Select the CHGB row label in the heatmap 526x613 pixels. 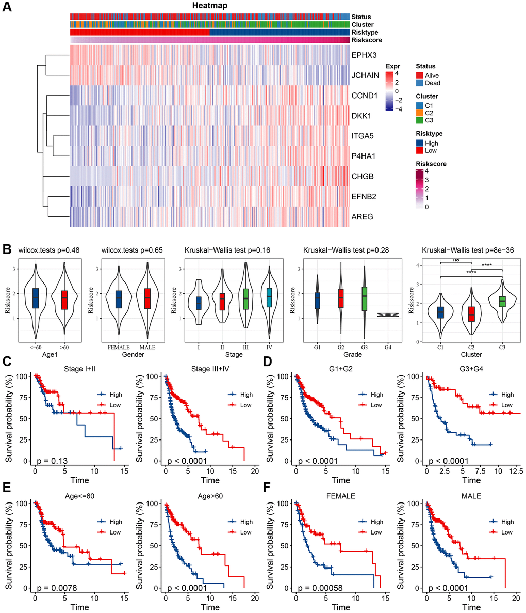[363, 177]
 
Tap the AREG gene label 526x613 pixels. [362, 217]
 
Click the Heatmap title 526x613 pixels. [210, 6]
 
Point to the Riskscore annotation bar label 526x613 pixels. [367, 40]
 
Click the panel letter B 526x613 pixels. [7, 249]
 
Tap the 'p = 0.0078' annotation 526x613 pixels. [55, 588]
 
